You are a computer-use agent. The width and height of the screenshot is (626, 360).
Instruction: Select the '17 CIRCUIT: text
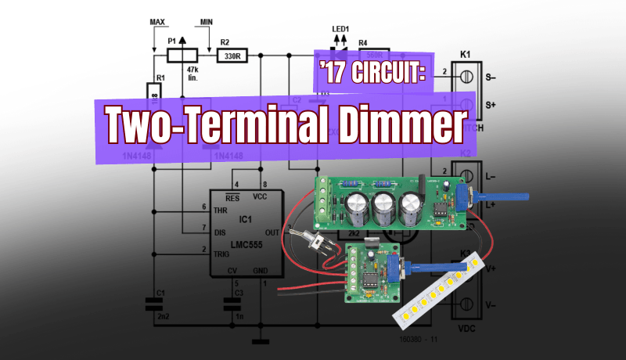point(372,73)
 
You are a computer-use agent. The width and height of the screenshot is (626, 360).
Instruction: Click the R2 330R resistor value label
point(232,56)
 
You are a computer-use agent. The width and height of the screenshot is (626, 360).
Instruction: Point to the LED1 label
point(340,30)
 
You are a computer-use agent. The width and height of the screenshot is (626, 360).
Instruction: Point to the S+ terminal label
point(491,105)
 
